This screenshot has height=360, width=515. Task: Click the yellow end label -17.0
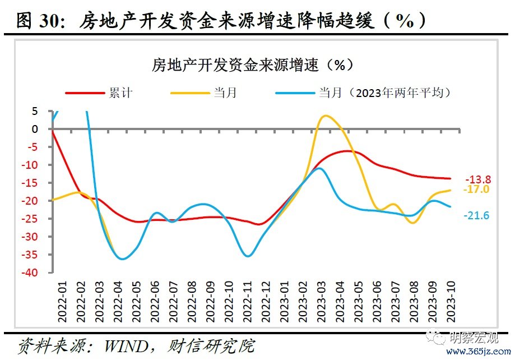tap(476, 190)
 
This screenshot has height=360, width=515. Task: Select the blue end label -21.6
tap(476, 215)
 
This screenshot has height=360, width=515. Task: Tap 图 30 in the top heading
tap(36, 21)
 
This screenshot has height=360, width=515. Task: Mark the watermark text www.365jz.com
tap(480, 351)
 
